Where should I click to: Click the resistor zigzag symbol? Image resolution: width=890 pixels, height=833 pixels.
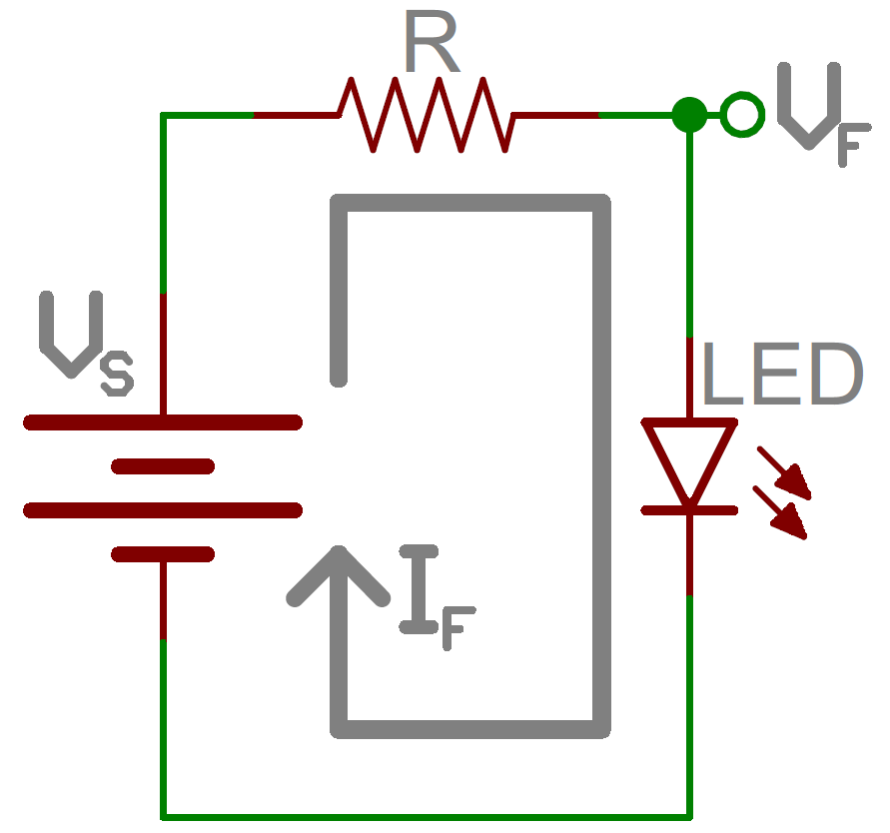(427, 115)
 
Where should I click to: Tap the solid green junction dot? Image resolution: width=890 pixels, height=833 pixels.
(688, 115)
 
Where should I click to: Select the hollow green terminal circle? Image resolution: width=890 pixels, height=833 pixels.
(740, 115)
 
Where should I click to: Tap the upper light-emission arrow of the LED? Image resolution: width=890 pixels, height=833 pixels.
(786, 473)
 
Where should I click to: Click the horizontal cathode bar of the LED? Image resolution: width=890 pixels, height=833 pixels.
(689, 510)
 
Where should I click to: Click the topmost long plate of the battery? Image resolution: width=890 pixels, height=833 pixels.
(162, 422)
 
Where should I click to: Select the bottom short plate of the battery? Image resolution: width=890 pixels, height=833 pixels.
(163, 554)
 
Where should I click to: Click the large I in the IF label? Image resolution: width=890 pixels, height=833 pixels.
(420, 589)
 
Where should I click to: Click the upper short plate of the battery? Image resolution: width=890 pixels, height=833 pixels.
(163, 465)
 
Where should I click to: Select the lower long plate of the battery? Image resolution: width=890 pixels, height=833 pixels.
(162, 510)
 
